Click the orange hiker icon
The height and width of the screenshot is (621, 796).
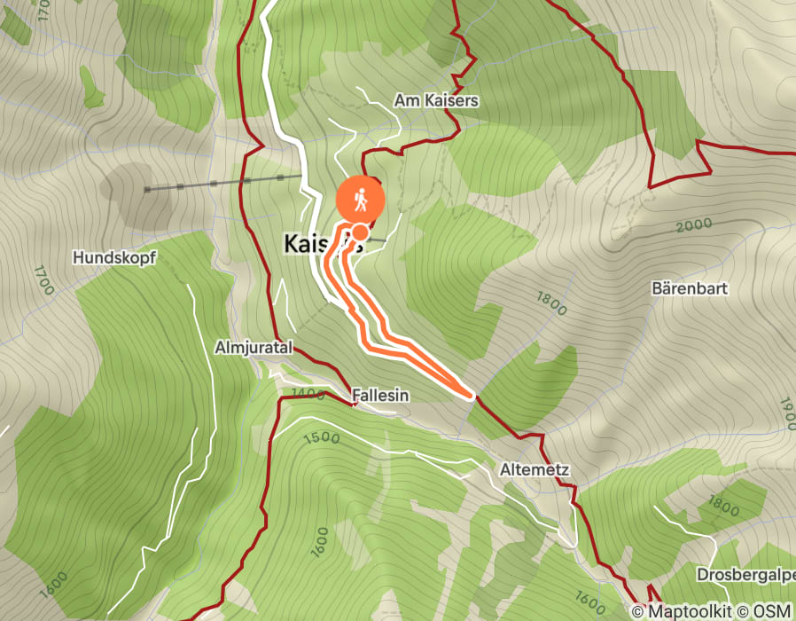tap(360, 201)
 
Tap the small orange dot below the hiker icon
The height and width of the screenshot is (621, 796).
tap(360, 232)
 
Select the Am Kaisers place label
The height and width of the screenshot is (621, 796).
tap(436, 101)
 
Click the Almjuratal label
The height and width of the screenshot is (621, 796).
tap(254, 348)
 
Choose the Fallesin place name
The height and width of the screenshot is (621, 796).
tap(380, 395)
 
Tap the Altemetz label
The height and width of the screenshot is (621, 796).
tap(533, 468)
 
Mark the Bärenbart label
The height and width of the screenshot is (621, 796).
tap(689, 289)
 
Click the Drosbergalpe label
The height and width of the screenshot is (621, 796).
tap(745, 574)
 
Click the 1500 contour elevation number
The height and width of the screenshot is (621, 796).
tap(321, 437)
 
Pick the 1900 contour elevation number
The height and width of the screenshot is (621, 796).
tap(787, 413)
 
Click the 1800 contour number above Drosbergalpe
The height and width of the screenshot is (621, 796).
tap(723, 507)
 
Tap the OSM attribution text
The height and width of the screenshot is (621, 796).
tap(773, 611)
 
